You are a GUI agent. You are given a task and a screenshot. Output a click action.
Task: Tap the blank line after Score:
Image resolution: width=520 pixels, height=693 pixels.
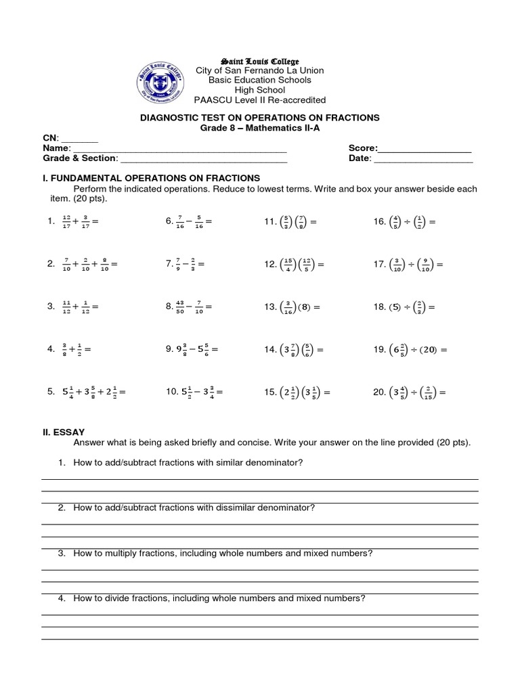[x=425, y=148]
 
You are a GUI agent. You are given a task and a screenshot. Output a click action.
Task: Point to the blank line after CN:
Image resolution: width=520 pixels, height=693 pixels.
[x=80, y=138]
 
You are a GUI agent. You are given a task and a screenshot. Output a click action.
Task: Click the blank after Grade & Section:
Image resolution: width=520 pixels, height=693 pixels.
[x=203, y=158]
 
